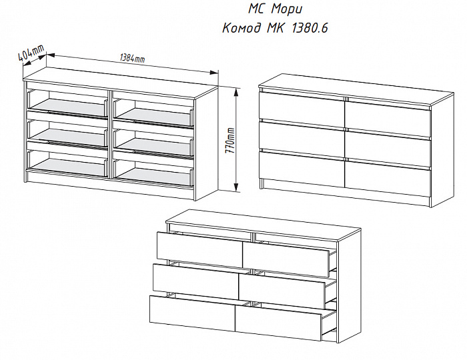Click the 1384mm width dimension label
[x=132, y=58]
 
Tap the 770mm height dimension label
[x=230, y=141]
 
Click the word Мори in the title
[x=286, y=9]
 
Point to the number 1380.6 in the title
[x=310, y=28]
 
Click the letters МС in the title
[x=257, y=9]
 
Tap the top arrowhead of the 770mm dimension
[x=236, y=92]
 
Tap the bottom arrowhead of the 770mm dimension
[x=236, y=187]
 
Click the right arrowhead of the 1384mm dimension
[x=214, y=72]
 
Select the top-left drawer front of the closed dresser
[x=302, y=106]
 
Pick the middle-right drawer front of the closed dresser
[x=388, y=149]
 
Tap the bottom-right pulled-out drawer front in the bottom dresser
[x=278, y=324]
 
